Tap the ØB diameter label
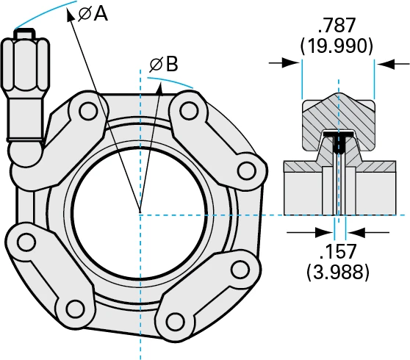[163, 65]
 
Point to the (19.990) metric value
[337, 46]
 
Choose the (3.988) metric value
[338, 273]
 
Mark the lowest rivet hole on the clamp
[175, 322]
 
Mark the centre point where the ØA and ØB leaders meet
[138, 214]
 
